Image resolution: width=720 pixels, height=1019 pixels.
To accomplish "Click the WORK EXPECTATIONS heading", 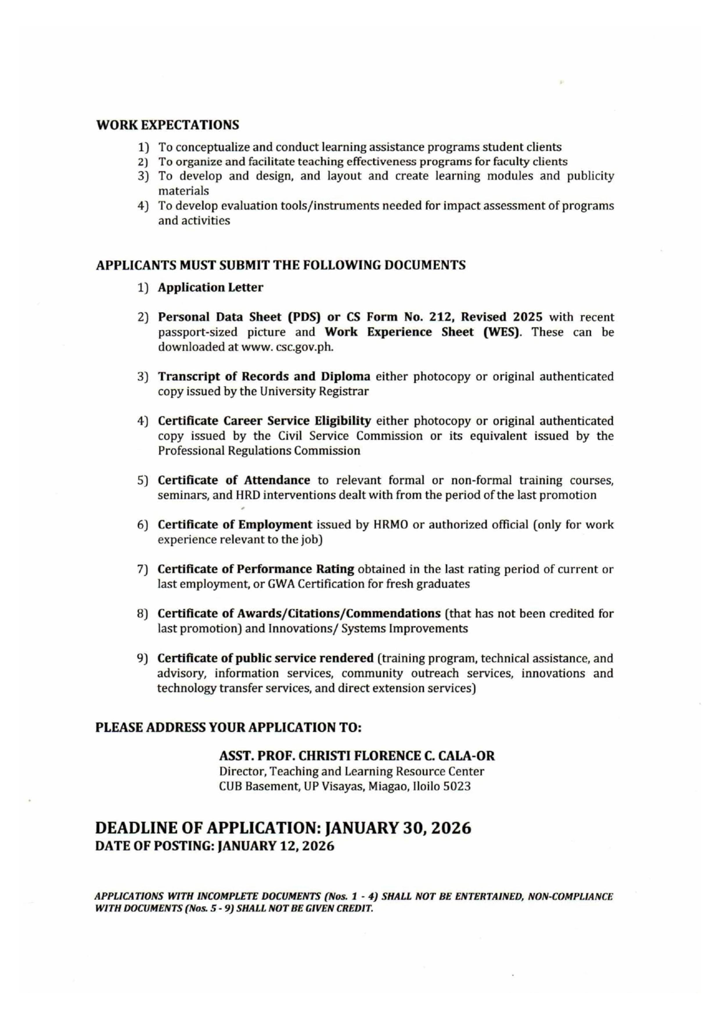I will [168, 125].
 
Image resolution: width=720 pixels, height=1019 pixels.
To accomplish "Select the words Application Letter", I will [210, 287].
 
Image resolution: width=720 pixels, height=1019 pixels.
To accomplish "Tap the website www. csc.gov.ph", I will [287, 347].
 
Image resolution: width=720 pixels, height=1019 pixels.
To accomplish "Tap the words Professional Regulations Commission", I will [259, 451].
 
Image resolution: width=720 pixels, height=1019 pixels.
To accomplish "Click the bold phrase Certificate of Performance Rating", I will [256, 569].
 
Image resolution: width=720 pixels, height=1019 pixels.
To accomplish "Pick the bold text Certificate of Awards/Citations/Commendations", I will [299, 613].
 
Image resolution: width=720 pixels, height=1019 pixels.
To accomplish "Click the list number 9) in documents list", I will [142, 658].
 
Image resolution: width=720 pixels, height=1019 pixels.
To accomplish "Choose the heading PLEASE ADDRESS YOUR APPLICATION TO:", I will [228, 728].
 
